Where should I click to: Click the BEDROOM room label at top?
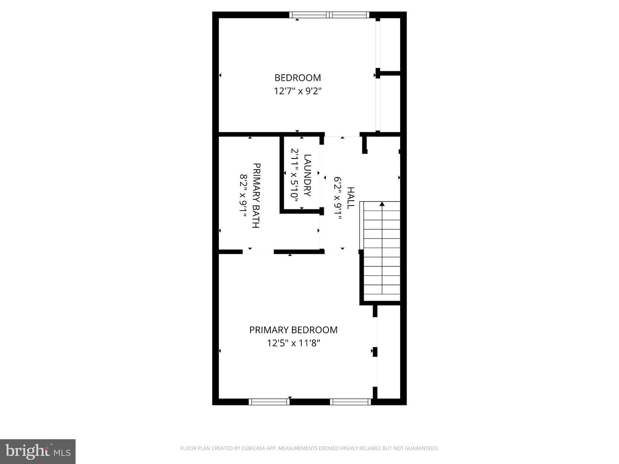coord(297,77)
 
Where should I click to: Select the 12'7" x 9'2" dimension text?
coord(298,91)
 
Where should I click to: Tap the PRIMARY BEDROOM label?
coord(293,330)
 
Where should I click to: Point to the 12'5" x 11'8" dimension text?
coord(294,343)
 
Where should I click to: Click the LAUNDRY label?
coord(308,175)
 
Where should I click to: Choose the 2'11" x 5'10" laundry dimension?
coord(295,175)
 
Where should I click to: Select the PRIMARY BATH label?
coord(256,195)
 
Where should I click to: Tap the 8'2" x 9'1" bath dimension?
coord(243,195)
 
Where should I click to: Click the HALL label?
coord(350,198)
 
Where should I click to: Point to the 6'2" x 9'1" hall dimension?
coord(337,198)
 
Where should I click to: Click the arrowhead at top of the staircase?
coord(382,204)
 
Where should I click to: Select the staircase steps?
coord(382,252)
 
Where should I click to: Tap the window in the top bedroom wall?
coord(329,15)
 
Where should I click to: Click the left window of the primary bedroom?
coord(269,402)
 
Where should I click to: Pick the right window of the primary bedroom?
coord(350,402)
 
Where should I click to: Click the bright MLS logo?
coord(38,451)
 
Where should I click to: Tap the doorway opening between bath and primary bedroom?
coord(258,252)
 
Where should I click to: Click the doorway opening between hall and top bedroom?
coord(342,134)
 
